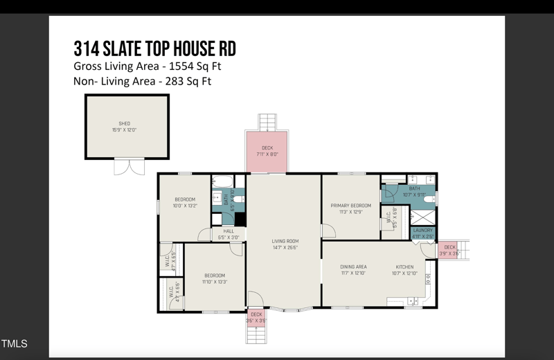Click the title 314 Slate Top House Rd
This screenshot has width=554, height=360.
tap(154, 48)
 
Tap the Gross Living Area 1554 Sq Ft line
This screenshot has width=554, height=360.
tap(147, 66)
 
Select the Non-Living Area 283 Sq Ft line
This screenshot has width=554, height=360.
tap(142, 81)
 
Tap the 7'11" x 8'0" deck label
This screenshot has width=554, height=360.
tap(267, 151)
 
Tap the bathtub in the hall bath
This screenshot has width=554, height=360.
tap(223, 182)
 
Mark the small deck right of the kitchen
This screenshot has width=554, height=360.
tap(449, 250)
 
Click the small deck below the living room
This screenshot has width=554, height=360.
tap(256, 317)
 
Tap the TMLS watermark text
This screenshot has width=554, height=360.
tap(15, 344)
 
